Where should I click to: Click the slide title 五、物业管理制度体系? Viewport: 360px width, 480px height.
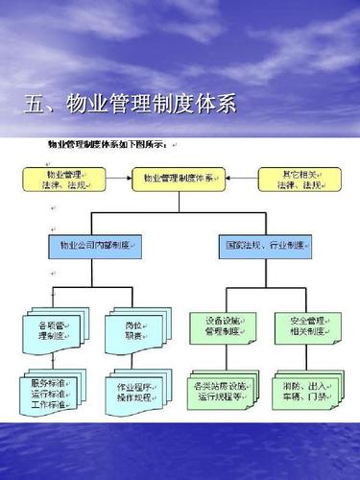(130, 104)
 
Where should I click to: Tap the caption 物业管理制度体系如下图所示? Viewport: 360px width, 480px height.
(108, 145)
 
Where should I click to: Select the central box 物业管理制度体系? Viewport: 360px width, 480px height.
(180, 180)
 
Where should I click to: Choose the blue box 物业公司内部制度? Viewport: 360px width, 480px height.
(91, 247)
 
